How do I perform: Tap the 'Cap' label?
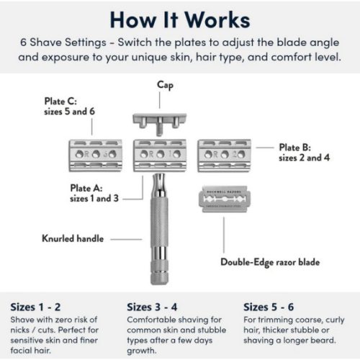[165, 85]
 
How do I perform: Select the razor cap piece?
[165, 120]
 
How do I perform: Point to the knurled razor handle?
[165, 230]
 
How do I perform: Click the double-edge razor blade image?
[226, 199]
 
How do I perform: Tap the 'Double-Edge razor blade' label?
[270, 262]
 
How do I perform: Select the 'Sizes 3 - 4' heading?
[154, 305]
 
